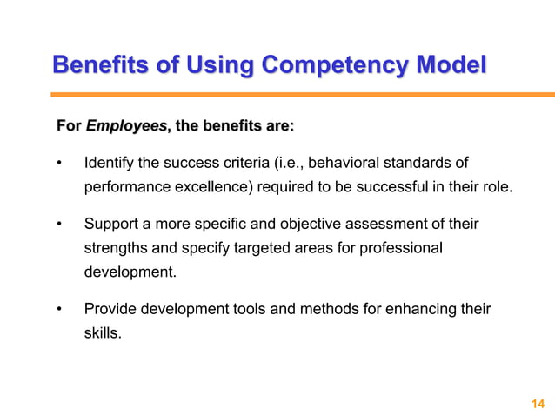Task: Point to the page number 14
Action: coord(536,402)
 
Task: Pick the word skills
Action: coord(102,332)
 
